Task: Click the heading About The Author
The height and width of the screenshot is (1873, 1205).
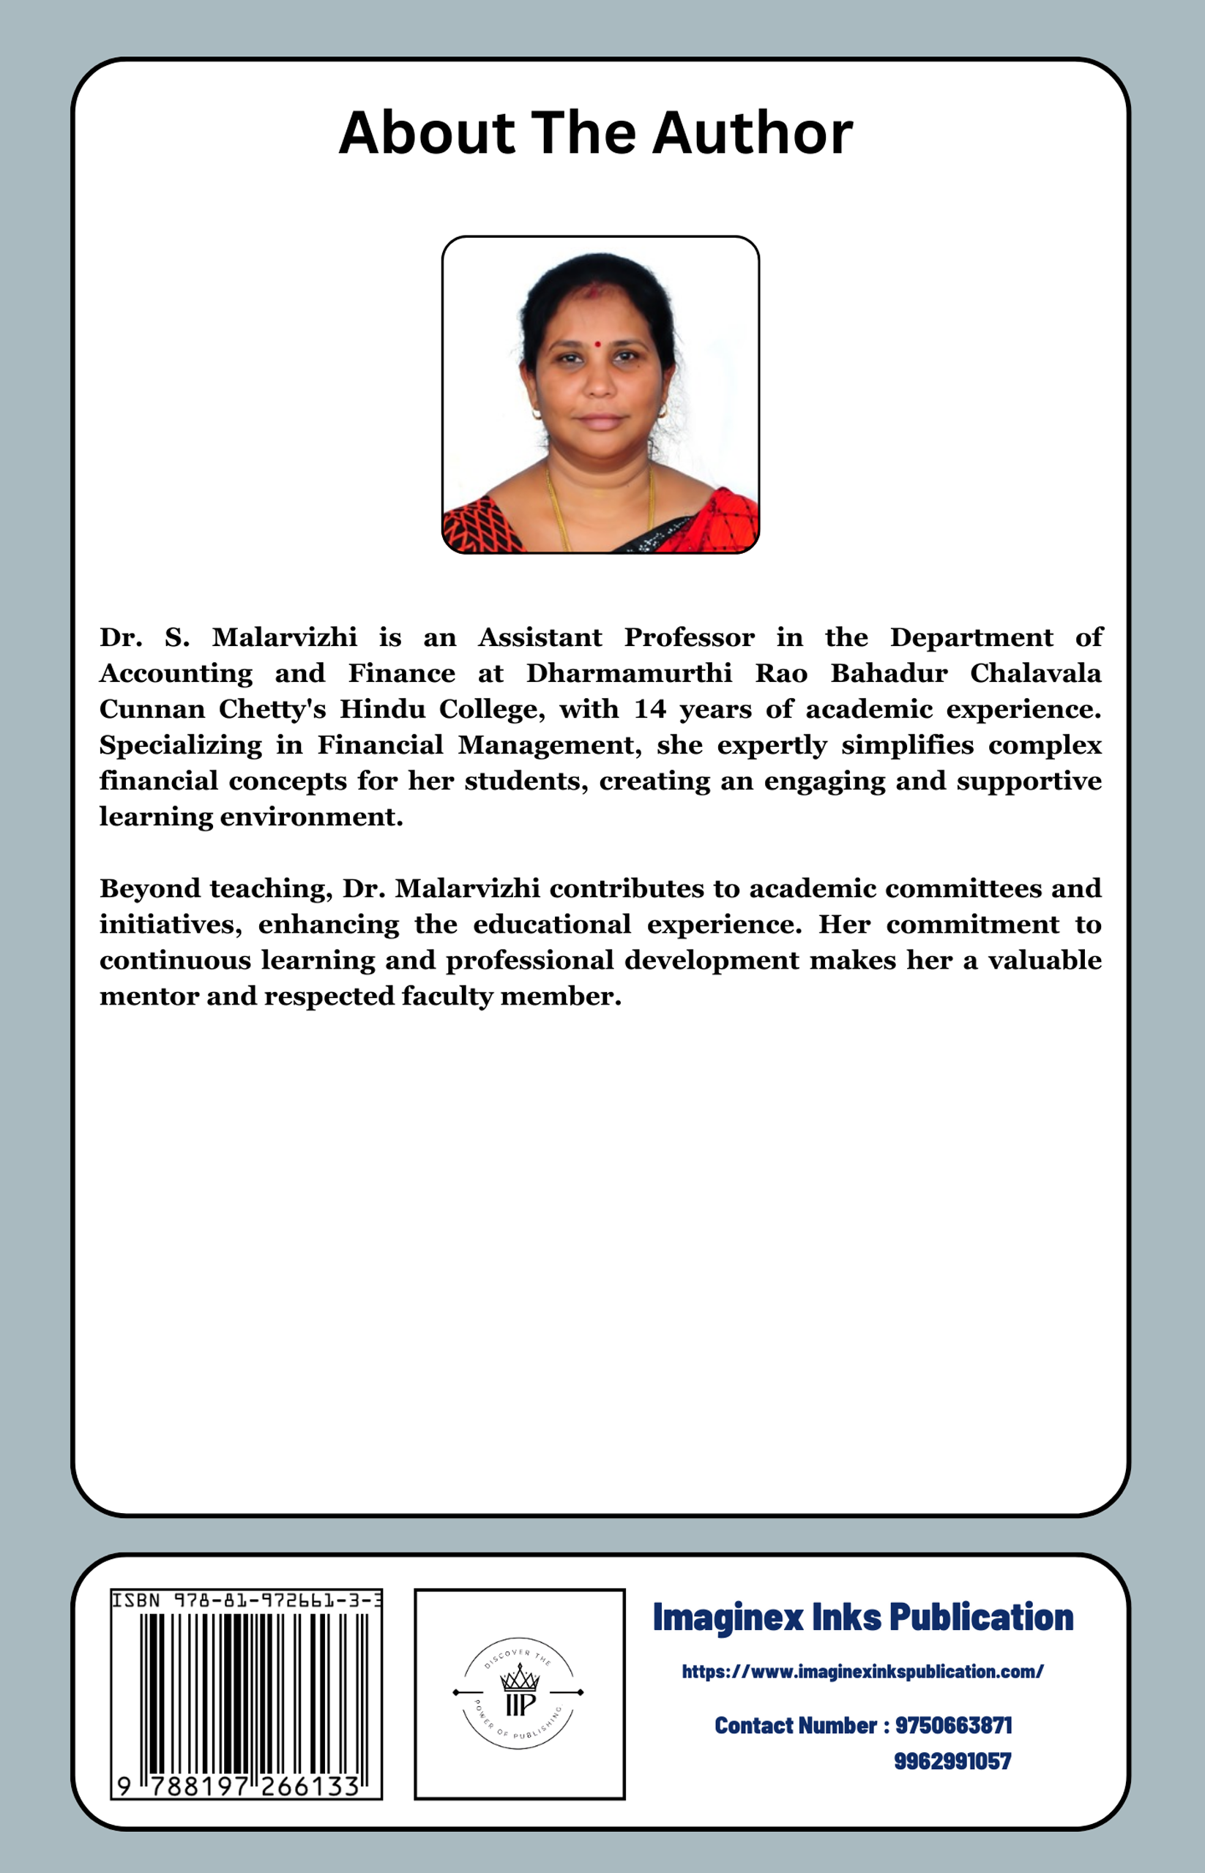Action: [x=595, y=133]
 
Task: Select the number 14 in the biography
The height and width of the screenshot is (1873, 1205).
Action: [x=649, y=709]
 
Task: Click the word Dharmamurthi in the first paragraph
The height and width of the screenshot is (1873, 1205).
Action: [x=628, y=673]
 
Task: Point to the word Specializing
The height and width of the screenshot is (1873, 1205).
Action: [x=180, y=746]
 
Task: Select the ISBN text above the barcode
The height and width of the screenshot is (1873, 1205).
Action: [x=247, y=1601]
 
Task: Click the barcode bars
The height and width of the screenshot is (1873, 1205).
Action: [x=254, y=1693]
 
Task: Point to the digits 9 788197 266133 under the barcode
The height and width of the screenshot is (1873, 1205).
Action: [x=238, y=1785]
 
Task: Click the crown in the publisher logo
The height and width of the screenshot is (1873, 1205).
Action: [x=520, y=1677]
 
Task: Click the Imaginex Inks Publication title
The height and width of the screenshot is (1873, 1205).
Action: [x=862, y=1617]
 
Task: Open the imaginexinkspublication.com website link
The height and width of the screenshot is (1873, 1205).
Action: [x=862, y=1671]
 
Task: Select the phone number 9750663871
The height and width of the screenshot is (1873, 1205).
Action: [x=953, y=1725]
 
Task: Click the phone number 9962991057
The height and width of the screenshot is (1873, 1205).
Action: [x=952, y=1761]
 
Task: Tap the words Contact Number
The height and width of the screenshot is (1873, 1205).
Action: [x=795, y=1725]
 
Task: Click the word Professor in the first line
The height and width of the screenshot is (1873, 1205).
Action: [x=689, y=637]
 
